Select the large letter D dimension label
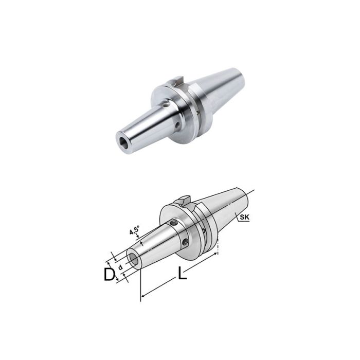pos(109,275)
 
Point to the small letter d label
pos(120,267)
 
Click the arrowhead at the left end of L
pos(143,295)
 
